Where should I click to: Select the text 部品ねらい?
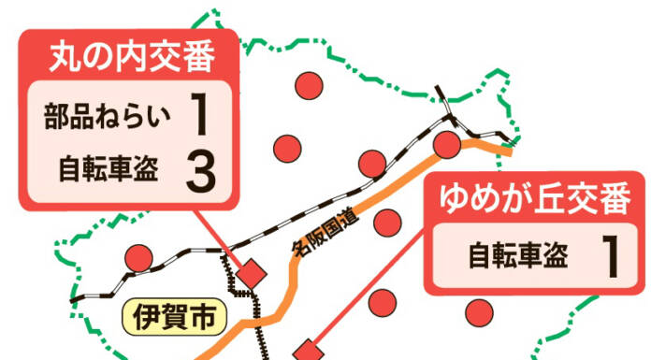(x=108, y=117)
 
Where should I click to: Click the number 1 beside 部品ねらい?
(x=199, y=117)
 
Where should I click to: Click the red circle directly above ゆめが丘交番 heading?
(x=448, y=144)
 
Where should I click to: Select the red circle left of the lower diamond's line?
(x=380, y=302)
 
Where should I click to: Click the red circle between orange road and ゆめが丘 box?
(x=385, y=223)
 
